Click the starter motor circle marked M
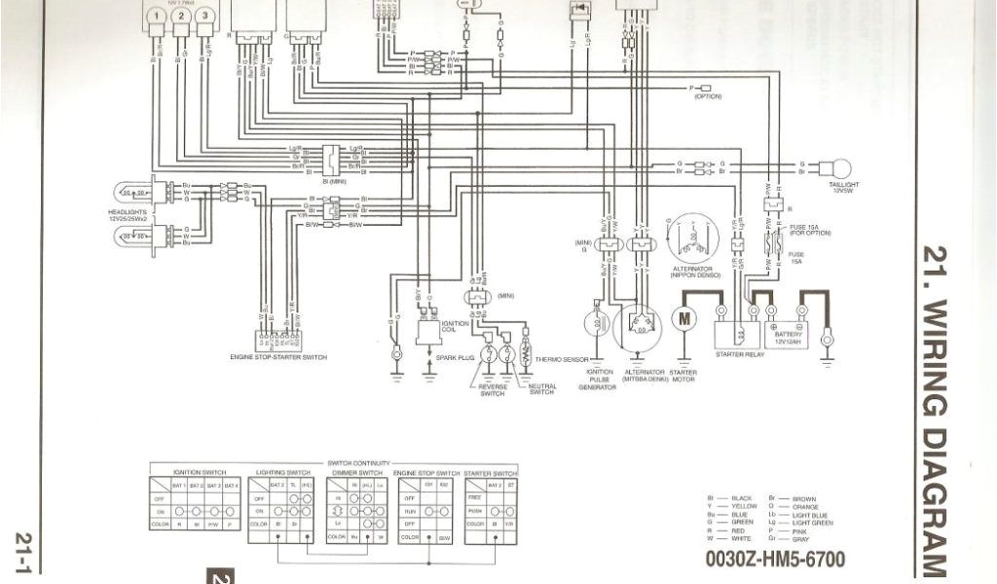(x=683, y=317)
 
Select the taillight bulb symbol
(x=834, y=168)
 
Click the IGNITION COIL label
(x=429, y=326)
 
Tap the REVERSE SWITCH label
(x=492, y=390)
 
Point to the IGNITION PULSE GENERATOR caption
(x=598, y=380)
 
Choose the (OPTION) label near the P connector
(x=708, y=96)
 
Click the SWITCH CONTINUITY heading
(x=358, y=462)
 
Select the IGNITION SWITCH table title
(x=199, y=471)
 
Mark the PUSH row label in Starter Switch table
(x=476, y=510)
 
